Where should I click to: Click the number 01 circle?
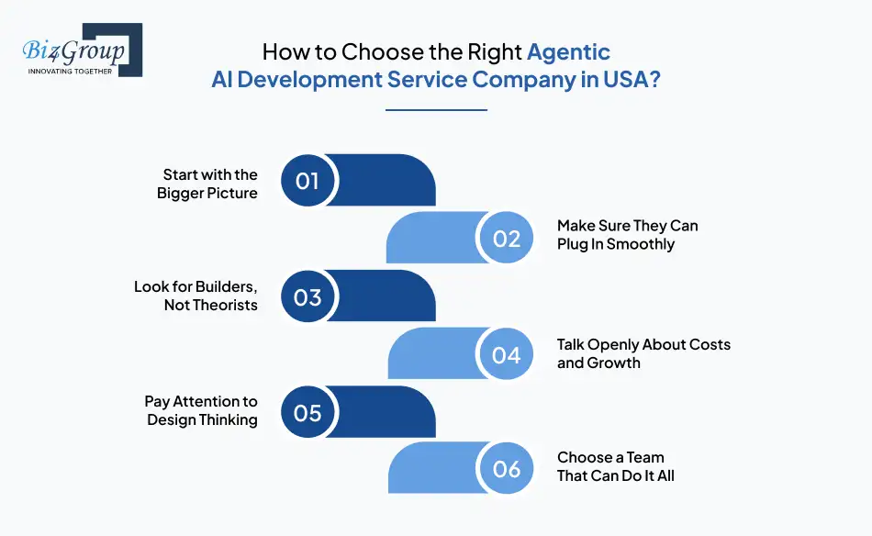click(308, 180)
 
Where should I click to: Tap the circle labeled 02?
click(507, 239)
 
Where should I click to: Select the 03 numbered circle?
click(308, 296)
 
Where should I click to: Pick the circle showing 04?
click(507, 355)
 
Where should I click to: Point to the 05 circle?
click(308, 412)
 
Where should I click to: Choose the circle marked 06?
click(507, 469)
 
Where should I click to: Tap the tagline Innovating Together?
click(70, 71)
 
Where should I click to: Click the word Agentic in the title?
click(568, 51)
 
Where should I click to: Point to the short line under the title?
click(436, 110)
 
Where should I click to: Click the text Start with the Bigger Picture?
click(208, 184)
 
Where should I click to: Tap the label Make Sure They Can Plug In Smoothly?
click(628, 235)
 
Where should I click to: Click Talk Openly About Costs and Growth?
click(643, 353)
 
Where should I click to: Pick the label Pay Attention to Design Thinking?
click(202, 410)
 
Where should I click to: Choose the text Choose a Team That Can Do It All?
click(615, 466)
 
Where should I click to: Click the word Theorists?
click(225, 305)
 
